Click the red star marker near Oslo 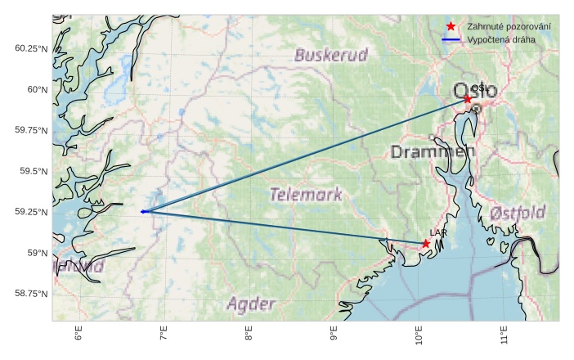point(468,99)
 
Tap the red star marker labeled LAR point(426,244)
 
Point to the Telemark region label point(305,195)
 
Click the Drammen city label point(433,152)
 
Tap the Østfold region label point(518,214)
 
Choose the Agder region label point(251,305)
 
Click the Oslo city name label point(474,89)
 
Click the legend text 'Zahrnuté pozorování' point(509,27)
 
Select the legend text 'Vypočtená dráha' point(501,39)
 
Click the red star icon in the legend point(451,27)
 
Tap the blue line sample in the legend point(451,39)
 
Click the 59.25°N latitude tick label point(32,212)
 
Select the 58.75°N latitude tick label point(32,294)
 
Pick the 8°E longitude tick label point(249,335)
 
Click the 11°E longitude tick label point(504,335)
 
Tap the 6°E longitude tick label point(78,335)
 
